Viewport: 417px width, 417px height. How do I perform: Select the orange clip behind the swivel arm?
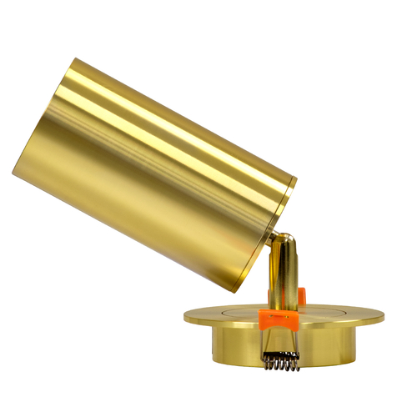(x=301, y=295)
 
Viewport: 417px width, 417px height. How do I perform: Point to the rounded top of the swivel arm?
(x=284, y=241)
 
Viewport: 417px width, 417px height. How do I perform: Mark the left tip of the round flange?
(x=185, y=315)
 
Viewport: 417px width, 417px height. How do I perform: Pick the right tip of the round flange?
(x=383, y=319)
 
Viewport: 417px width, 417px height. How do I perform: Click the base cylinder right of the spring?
(x=334, y=346)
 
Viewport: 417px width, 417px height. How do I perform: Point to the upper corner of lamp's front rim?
(x=73, y=59)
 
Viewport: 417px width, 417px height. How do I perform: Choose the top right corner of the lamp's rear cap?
(x=296, y=178)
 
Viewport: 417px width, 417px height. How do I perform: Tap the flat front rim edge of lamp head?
(x=43, y=117)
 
